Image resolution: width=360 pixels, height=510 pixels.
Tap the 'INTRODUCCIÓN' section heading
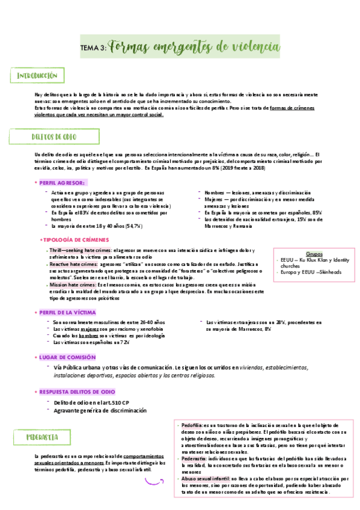tap(37, 76)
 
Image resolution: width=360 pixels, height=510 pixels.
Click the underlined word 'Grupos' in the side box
tap(314, 254)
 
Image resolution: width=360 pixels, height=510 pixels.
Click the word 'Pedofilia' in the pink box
tap(192, 425)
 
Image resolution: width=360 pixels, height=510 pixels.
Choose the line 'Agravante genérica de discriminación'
tap(100, 410)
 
